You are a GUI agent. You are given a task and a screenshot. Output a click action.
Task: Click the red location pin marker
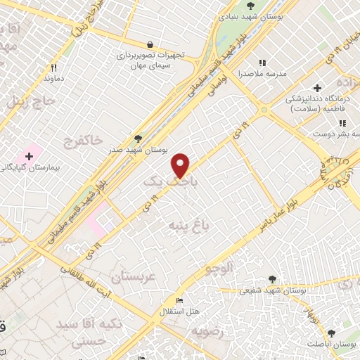181,165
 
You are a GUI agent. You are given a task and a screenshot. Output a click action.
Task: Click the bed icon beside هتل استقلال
180,301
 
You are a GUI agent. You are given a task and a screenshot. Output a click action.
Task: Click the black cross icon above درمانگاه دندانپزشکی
318,89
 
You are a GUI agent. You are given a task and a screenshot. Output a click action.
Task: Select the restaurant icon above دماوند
53,68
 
